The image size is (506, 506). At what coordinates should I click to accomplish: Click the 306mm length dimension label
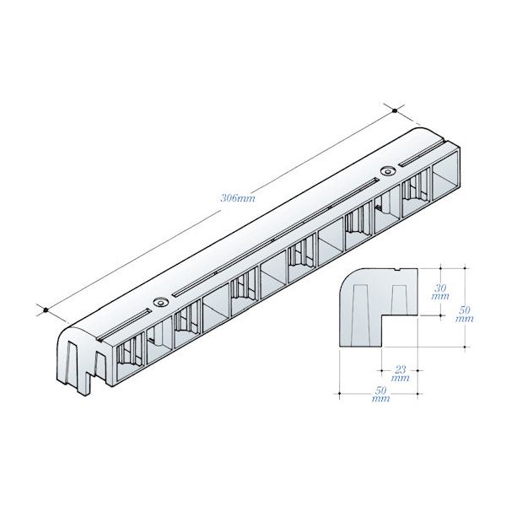coord(238,197)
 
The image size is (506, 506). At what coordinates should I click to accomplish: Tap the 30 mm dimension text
coord(440,292)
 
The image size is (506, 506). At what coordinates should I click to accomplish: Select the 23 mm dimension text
coord(400,373)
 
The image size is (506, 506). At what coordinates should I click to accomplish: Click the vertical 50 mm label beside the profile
coord(465,314)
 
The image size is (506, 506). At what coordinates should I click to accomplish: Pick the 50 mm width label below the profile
coord(381,394)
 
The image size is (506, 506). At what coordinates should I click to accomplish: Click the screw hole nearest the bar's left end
coord(161,303)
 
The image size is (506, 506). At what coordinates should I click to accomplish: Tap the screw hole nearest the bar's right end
coord(388,170)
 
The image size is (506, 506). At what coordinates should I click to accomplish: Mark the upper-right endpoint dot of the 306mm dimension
coord(395,110)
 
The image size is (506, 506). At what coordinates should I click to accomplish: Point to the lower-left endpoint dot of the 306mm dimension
coord(46,310)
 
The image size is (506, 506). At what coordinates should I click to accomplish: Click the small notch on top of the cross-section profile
coord(398,269)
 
